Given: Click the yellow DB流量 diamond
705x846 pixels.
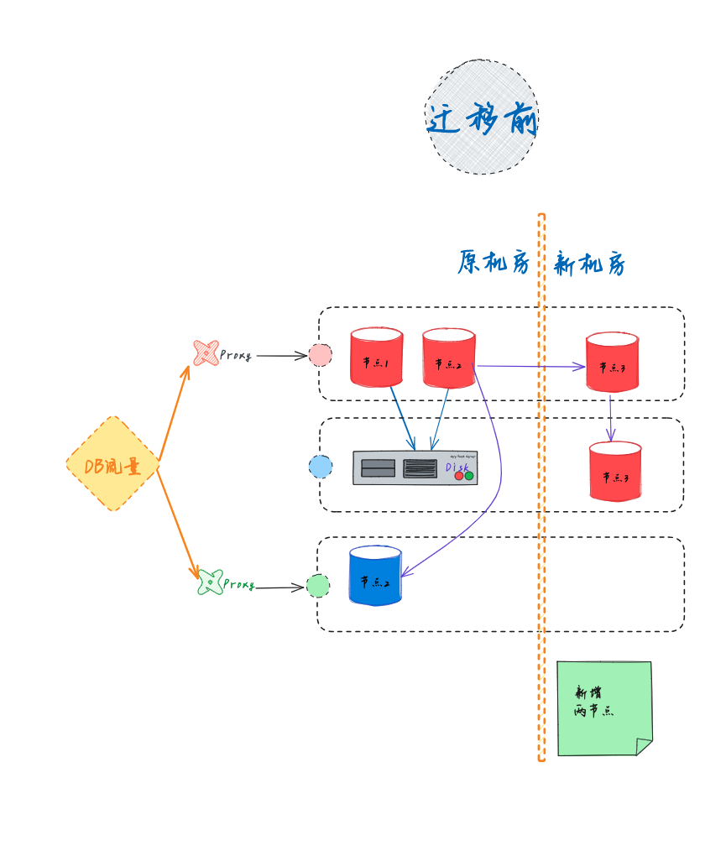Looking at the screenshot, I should pos(112,464).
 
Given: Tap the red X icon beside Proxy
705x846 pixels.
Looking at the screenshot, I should pos(206,353).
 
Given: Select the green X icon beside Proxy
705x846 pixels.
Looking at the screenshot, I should pos(210,582).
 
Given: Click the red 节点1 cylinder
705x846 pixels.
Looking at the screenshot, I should pos(376,358).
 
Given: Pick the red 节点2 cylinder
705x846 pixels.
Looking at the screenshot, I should pos(449,359).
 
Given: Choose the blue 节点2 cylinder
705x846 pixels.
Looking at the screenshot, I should pos(375,577).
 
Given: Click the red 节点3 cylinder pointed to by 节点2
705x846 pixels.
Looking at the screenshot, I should pos(612,363).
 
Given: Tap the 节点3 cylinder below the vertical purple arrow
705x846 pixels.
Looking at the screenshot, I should pos(615,473).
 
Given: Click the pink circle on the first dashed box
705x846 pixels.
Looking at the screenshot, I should pos(320,355).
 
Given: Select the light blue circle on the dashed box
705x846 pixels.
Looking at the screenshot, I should pos(320,467).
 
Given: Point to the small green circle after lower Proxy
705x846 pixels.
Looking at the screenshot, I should pos(317,586).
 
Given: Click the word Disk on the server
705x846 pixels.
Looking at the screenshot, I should pos(457,466).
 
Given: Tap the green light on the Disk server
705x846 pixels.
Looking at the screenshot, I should pos(469,477).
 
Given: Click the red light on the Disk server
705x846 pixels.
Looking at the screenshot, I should pos(458,477).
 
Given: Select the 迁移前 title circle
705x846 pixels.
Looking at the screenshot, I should pos(482,117).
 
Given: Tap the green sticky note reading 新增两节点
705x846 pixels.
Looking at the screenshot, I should pos(603,708).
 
